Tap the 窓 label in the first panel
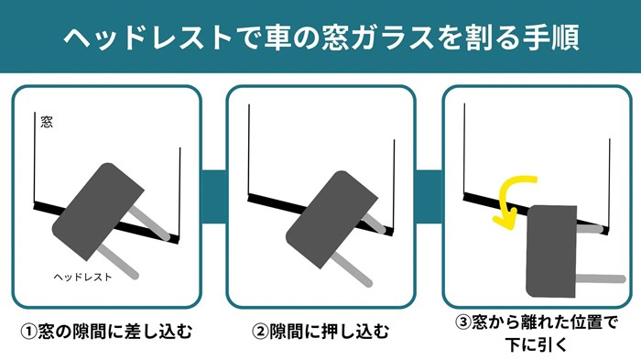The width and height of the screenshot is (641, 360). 47,122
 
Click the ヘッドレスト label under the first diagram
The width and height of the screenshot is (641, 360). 82,277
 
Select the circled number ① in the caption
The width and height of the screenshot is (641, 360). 28,331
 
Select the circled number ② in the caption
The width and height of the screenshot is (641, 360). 259,331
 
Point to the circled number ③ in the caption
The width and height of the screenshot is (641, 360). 463,322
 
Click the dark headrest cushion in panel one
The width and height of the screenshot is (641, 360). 98,212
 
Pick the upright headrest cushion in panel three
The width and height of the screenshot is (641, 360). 551,251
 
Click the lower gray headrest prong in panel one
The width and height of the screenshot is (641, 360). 118,262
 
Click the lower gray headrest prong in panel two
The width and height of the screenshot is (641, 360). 352,268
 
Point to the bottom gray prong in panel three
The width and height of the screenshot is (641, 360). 601,279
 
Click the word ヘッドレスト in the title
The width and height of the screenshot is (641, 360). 148,38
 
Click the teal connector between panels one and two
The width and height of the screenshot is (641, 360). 213,197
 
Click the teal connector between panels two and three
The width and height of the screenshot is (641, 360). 429,197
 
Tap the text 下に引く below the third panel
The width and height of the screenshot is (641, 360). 537,344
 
